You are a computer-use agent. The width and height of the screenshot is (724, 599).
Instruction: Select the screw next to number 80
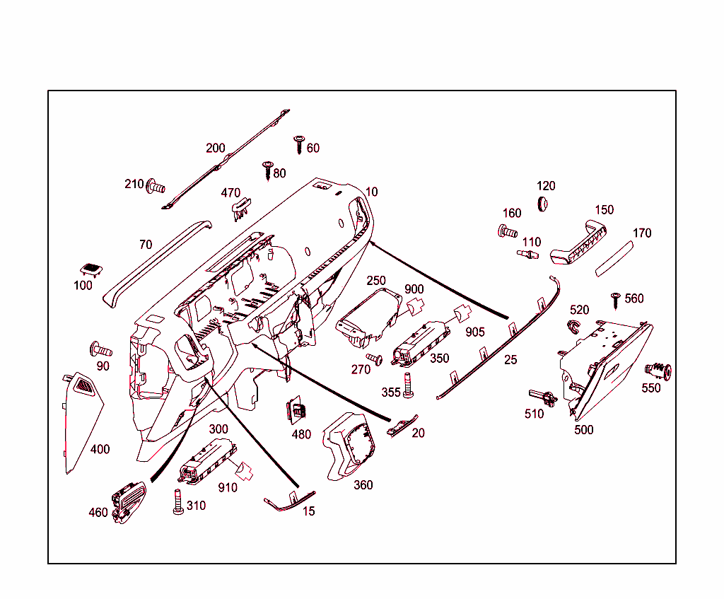(267, 170)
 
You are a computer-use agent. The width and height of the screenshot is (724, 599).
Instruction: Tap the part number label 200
(216, 149)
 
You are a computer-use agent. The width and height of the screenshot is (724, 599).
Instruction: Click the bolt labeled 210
(155, 187)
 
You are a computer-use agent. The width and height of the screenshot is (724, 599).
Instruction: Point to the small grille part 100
(90, 269)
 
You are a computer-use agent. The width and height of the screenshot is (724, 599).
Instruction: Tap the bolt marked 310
(177, 501)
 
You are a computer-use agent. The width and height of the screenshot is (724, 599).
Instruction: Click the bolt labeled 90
(100, 349)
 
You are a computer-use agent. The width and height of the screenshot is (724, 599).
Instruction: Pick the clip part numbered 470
(242, 205)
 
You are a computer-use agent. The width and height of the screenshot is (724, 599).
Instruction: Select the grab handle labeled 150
(578, 243)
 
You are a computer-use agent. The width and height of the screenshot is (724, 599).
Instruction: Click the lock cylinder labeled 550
(658, 370)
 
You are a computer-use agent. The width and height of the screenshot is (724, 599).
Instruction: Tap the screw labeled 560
(615, 300)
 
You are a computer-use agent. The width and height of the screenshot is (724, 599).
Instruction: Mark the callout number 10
(372, 192)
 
